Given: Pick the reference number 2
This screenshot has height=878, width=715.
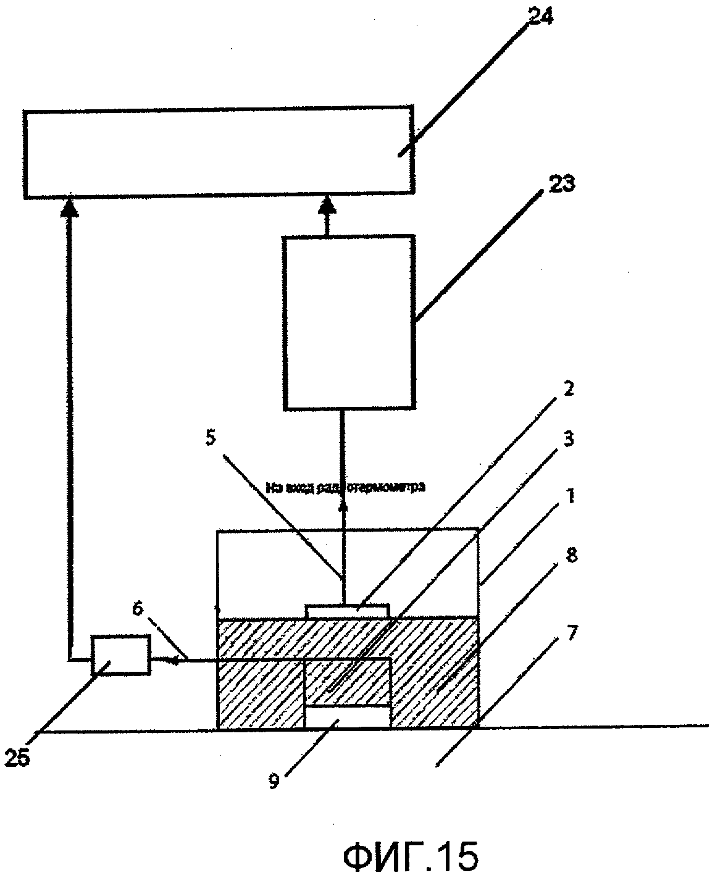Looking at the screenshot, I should [x=569, y=390].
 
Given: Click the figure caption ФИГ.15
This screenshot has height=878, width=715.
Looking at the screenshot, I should [x=409, y=856].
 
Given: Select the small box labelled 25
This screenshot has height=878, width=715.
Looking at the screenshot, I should [x=120, y=654].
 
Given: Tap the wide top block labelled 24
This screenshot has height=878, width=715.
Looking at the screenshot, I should [x=218, y=151].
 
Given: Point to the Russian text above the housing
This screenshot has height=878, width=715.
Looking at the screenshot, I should [x=345, y=488].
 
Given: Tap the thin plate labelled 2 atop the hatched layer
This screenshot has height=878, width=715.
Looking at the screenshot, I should [x=348, y=610].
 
